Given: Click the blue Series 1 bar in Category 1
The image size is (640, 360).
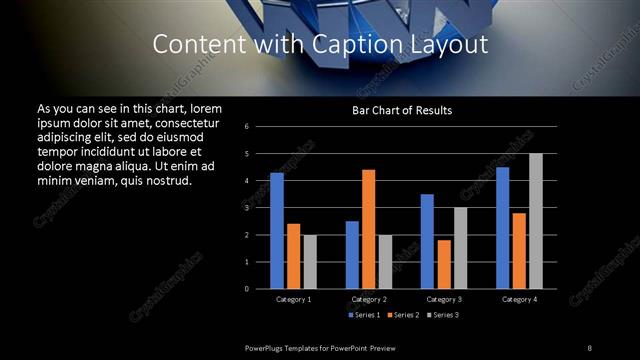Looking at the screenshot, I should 277,231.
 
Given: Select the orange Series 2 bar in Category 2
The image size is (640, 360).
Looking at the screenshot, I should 369,229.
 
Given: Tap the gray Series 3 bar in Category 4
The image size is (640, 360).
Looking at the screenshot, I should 536,221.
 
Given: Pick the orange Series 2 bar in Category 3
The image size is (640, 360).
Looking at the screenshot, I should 444,264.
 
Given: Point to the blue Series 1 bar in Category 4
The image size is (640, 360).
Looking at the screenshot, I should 502,228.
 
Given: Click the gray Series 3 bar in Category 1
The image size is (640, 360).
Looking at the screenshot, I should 310,262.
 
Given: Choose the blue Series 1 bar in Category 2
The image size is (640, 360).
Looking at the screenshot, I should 352,255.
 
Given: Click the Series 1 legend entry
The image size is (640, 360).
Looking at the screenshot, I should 364,315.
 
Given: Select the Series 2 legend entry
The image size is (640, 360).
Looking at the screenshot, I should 405,315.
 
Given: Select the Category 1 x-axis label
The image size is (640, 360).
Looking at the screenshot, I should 294,299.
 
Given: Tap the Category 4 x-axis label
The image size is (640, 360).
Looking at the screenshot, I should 519,299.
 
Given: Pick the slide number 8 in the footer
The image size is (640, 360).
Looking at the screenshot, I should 590,347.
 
